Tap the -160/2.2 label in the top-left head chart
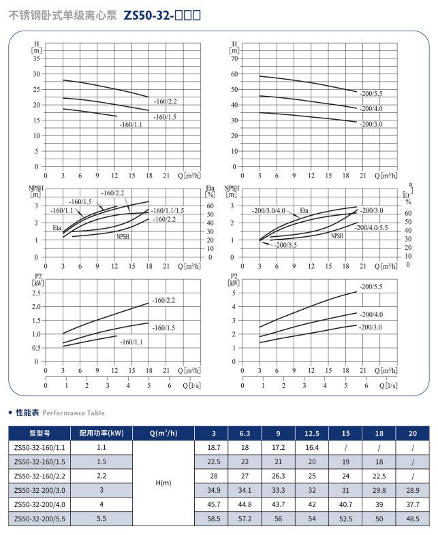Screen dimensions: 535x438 click(166, 101)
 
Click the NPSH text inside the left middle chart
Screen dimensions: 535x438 click(122, 236)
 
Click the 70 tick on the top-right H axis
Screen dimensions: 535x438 click(234, 59)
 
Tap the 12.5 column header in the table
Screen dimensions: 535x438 click(312, 432)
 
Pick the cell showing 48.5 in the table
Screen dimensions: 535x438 click(412, 519)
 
